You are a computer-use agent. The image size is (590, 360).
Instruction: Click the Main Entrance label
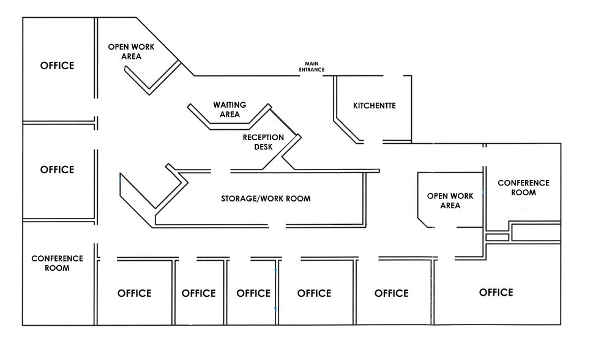pos(312,67)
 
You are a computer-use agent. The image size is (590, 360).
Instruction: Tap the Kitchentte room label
pos(375,106)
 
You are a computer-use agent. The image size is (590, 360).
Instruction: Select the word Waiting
pos(230,105)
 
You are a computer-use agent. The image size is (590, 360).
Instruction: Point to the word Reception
pos(263,137)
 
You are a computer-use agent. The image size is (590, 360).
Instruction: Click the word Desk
pos(263,147)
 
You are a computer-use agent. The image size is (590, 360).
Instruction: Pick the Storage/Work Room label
pos(266,198)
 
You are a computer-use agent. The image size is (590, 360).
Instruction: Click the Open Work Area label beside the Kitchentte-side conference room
pos(450,201)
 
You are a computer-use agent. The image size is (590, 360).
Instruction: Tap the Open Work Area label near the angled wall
pos(131,51)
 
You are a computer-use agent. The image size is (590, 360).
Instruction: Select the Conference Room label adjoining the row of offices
pos(57,263)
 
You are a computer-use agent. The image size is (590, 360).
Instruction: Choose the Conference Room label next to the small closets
pos(523,187)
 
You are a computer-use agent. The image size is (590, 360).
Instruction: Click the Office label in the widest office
pos(496,293)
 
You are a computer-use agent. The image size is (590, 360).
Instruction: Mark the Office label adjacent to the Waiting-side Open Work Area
pos(57,66)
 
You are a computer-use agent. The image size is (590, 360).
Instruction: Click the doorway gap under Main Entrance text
pos(312,76)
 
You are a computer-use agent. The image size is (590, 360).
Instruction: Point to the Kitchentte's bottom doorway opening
pos(373,142)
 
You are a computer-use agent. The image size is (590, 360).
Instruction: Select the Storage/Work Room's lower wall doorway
pos(277,227)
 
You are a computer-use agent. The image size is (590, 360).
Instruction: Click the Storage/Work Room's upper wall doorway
pos(220,171)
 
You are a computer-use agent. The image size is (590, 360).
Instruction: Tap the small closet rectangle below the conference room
pos(497,238)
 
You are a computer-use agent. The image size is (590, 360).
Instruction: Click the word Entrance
pos(312,70)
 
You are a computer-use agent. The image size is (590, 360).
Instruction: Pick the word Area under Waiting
pos(230,114)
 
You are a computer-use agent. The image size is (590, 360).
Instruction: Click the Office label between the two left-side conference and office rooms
pos(57,170)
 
